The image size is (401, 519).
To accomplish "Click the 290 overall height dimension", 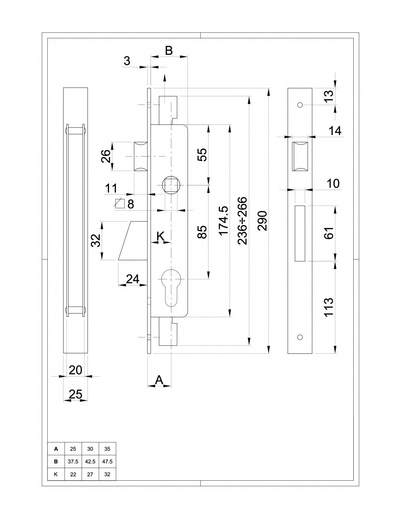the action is coord(262,220).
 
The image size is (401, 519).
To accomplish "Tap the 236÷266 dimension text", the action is coord(242,220).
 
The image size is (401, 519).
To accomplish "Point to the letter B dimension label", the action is coord(169,51).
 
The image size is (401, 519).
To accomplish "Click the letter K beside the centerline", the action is coord(160,237).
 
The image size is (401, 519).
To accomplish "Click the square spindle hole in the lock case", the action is coord(171,185).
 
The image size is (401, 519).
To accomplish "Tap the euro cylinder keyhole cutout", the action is coord(171,287).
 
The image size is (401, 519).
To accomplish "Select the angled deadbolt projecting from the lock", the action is coord(133,240).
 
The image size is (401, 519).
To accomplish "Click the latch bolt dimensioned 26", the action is coord(140,157).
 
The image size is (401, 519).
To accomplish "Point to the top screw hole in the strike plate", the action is coord(300,105).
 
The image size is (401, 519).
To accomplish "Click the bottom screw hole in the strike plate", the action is coord(300,337).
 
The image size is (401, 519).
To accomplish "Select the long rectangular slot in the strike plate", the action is coord(300,233).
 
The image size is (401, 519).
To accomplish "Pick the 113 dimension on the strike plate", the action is coord(328,307).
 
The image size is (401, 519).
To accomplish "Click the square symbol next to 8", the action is coord(120,204).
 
